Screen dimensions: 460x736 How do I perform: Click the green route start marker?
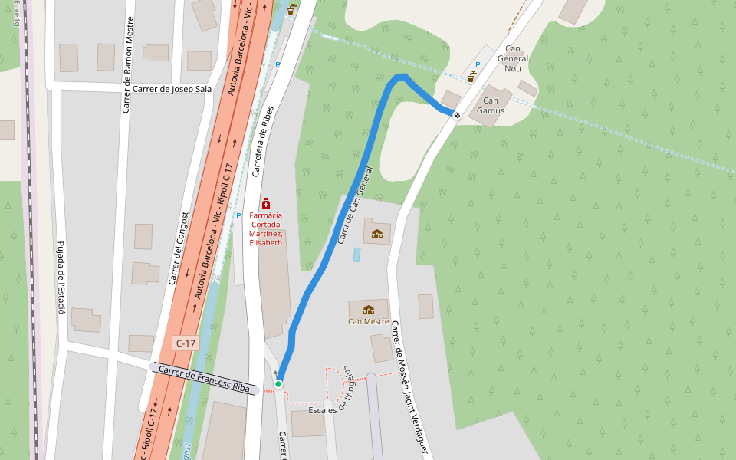tap(278, 383)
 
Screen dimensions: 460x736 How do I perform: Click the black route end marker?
tap(457, 115)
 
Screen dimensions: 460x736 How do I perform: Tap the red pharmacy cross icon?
tap(266, 203)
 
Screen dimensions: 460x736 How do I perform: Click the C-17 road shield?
tap(186, 343)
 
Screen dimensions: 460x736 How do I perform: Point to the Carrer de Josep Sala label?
tap(172, 89)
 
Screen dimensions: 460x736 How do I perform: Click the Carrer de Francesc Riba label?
tap(204, 379)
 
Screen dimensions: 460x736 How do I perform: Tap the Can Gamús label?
tap(491, 105)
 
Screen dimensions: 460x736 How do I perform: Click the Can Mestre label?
tap(368, 321)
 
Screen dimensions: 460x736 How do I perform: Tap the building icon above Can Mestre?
tap(369, 310)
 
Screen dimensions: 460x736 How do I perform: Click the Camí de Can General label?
tap(354, 205)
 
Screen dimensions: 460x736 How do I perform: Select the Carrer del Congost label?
tap(178, 248)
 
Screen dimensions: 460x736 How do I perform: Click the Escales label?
tap(322, 410)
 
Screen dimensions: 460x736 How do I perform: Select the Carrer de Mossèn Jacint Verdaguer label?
tap(409, 387)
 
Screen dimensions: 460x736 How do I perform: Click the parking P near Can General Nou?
tap(478, 65)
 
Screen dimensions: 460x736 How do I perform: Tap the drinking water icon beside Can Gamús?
tap(472, 77)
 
